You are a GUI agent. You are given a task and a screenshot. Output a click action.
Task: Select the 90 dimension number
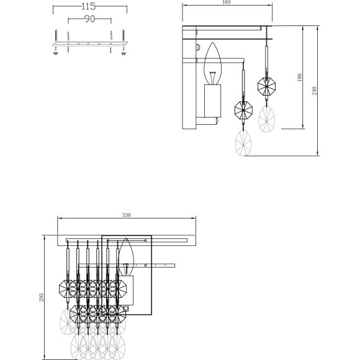click(89, 19)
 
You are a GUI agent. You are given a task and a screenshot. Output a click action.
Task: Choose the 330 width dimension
click(127, 215)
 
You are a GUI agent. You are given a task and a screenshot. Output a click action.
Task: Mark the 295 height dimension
click(42, 297)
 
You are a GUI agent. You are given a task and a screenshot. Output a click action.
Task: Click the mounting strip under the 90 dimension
click(89, 45)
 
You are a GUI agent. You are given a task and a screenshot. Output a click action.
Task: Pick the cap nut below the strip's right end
click(122, 54)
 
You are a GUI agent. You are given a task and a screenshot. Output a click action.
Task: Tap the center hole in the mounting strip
click(89, 45)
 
